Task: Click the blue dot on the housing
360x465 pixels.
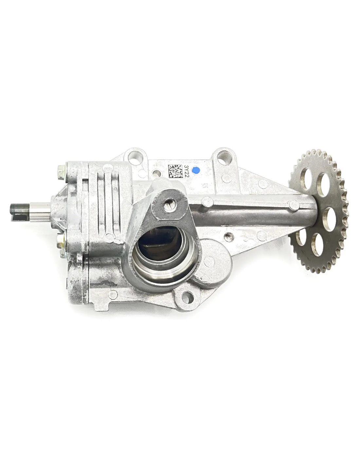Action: tap(196, 170)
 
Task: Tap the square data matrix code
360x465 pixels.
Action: tap(175, 171)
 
